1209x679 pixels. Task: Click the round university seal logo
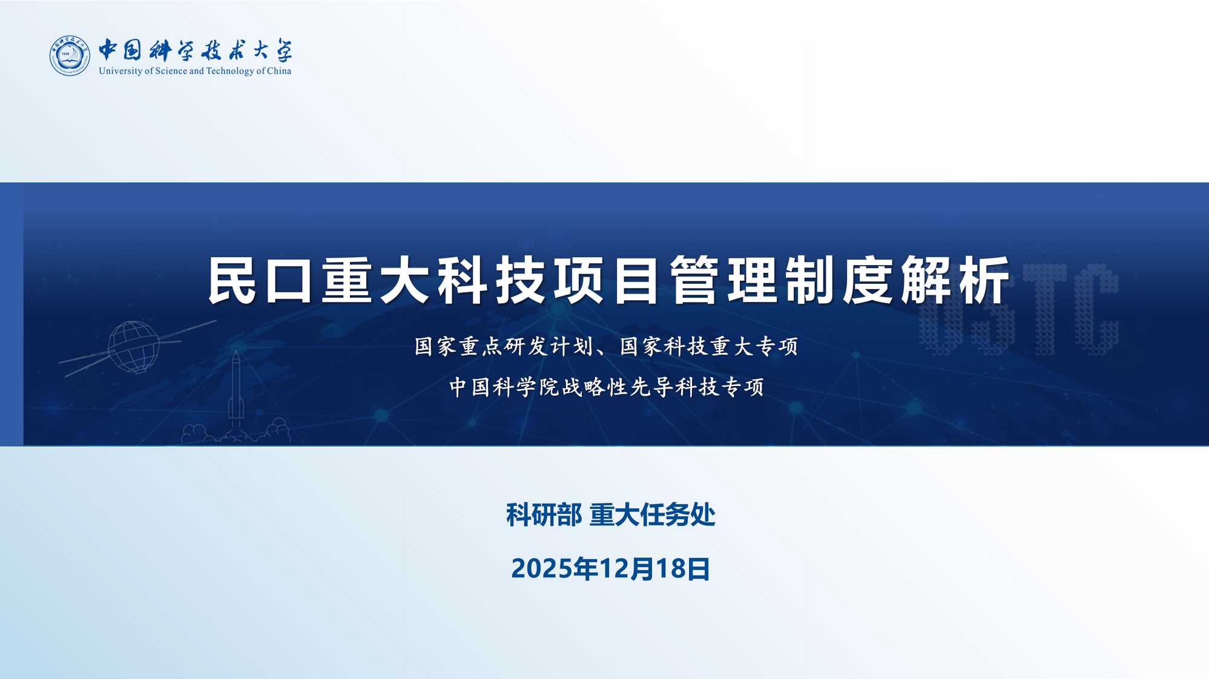[x=70, y=56]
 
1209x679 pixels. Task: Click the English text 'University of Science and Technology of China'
[x=195, y=71]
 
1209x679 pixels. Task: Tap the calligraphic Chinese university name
[x=195, y=50]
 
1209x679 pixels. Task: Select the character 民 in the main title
[x=231, y=280]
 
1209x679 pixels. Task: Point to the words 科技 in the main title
[x=492, y=280]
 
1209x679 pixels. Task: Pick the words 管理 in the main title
[x=723, y=280]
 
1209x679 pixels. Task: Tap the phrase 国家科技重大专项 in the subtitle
[x=709, y=347]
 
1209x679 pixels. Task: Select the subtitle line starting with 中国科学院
[x=607, y=387]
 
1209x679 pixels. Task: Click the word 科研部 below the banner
[x=544, y=515]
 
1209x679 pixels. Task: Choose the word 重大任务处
[x=653, y=515]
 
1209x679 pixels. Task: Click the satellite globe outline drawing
[x=133, y=347]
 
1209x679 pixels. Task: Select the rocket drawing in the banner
[x=236, y=387]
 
